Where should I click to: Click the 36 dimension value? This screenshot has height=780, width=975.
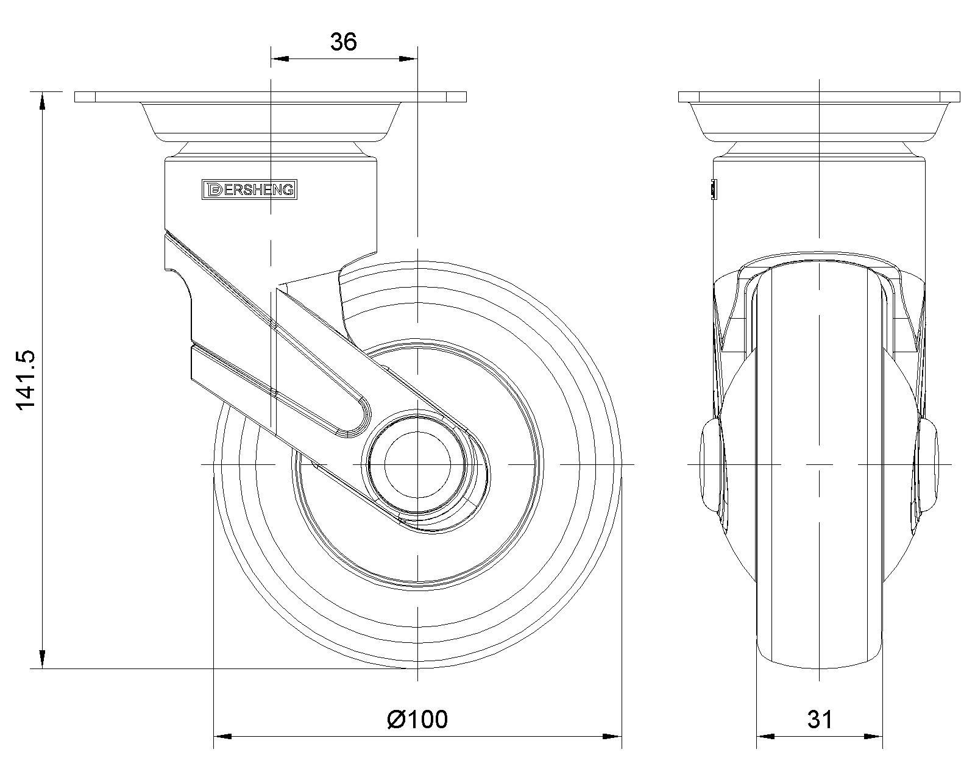click(344, 41)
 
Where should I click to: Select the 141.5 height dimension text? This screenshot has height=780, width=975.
click(26, 380)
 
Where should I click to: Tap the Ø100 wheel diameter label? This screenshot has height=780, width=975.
click(417, 719)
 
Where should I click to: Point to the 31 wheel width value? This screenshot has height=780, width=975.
click(820, 719)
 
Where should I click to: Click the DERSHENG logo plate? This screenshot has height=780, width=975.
click(249, 190)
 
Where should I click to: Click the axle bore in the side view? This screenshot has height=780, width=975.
click(417, 464)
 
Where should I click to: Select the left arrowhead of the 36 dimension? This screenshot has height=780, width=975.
click(280, 58)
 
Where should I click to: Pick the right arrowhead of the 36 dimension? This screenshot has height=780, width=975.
click(408, 58)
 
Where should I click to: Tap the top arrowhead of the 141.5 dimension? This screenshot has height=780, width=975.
click(42, 101)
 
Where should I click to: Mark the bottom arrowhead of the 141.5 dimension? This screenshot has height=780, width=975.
click(42, 659)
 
